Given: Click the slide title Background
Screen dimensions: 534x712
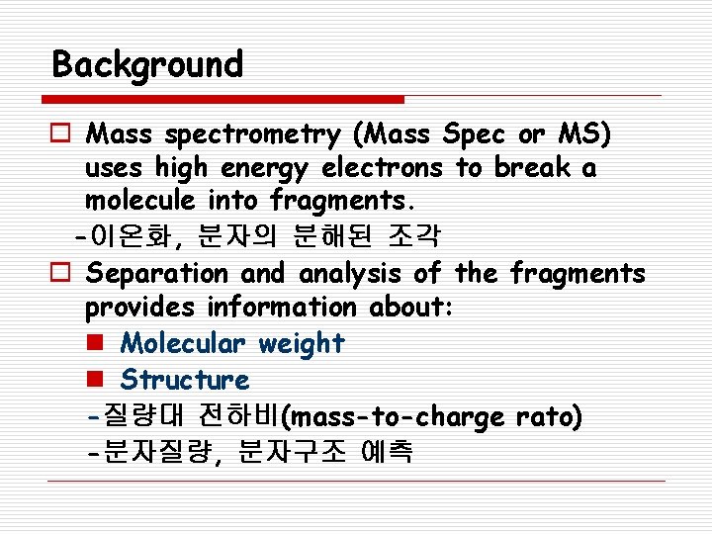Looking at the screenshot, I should (x=147, y=65).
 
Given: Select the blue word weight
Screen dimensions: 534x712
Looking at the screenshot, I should (x=301, y=344).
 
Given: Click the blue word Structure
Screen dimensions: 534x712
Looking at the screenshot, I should (x=185, y=380).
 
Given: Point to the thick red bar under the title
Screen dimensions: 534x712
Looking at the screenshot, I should (x=223, y=99).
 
